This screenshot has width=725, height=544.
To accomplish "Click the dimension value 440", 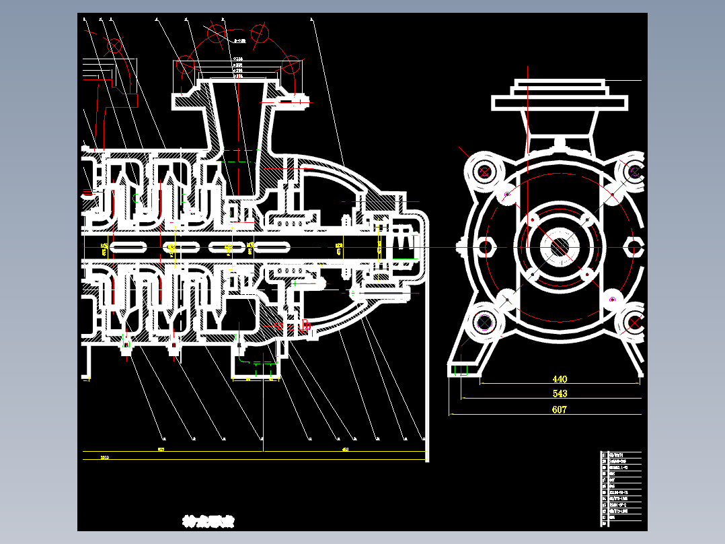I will tap(560, 380).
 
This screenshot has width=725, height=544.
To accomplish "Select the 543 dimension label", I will tap(560, 394).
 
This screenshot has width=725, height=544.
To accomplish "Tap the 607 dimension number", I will tap(559, 409).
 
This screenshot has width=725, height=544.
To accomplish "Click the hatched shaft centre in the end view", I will tap(559, 247).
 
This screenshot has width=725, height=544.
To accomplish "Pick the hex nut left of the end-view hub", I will tap(486, 246).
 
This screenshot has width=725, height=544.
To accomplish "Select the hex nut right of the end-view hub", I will tap(634, 246).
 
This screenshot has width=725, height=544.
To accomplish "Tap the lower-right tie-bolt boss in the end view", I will tap(634, 323).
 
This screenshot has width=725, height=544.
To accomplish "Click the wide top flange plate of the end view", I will tap(560, 102).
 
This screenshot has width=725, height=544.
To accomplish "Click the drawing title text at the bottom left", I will tap(208, 521).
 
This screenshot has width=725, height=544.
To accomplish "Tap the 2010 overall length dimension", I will tap(105, 457).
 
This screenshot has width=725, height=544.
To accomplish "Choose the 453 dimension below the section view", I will tap(345, 449).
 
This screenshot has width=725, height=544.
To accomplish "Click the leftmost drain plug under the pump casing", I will tap(126, 347).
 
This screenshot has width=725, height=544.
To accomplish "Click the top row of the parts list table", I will tap(621, 454).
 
